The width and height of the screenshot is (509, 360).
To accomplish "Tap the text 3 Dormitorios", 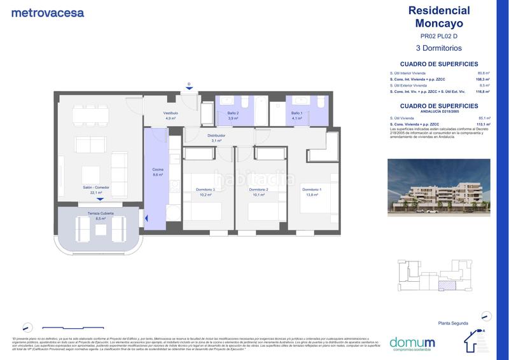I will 438,48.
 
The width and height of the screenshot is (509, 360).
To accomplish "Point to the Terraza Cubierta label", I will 100,215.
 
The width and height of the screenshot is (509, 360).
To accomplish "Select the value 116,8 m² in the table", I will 482,92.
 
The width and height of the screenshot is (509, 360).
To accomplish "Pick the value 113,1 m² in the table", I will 482,124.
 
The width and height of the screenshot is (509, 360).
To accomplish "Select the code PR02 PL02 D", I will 438,36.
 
